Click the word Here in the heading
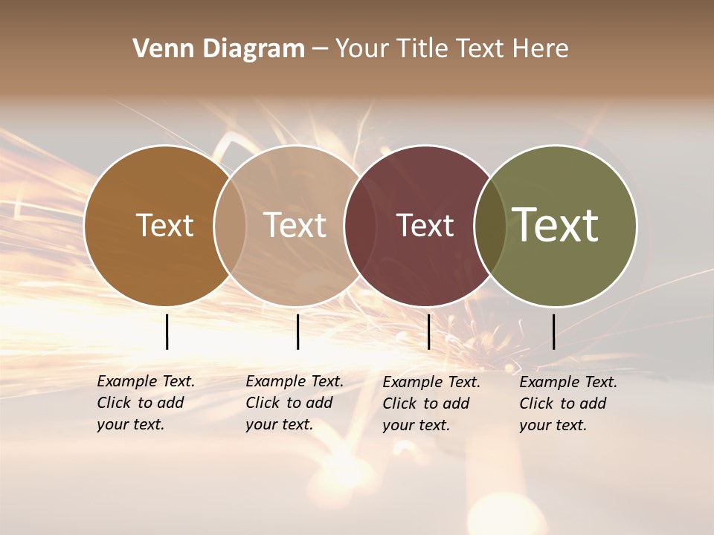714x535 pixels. click(541, 49)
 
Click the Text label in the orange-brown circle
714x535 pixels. click(164, 225)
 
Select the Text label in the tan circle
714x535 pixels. click(295, 225)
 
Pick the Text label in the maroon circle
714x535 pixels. click(425, 225)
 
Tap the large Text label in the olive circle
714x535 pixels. click(556, 225)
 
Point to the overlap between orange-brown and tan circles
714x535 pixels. click(230, 225)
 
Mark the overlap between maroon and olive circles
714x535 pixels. click(490, 225)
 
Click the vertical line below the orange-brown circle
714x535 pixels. click(167, 331)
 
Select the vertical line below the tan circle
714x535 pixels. click(297, 331)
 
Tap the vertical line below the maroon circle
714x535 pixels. click(428, 331)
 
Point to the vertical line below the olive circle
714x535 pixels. click(553, 331)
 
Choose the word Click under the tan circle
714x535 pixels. click(263, 403)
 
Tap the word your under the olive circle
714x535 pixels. click(535, 425)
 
